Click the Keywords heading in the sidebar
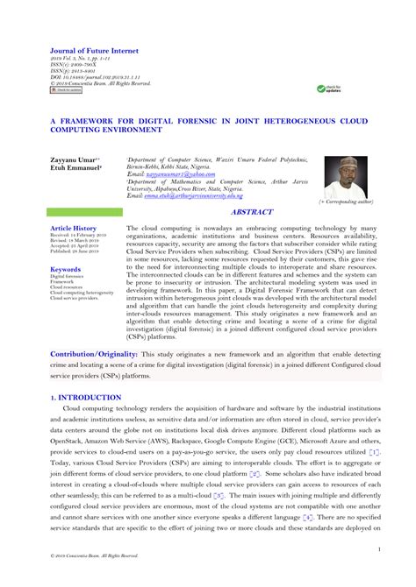click(66, 270)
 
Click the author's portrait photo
click(345, 177)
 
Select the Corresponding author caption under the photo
click(346, 202)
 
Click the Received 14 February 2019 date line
click(79, 235)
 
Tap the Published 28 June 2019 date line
click(77, 251)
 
